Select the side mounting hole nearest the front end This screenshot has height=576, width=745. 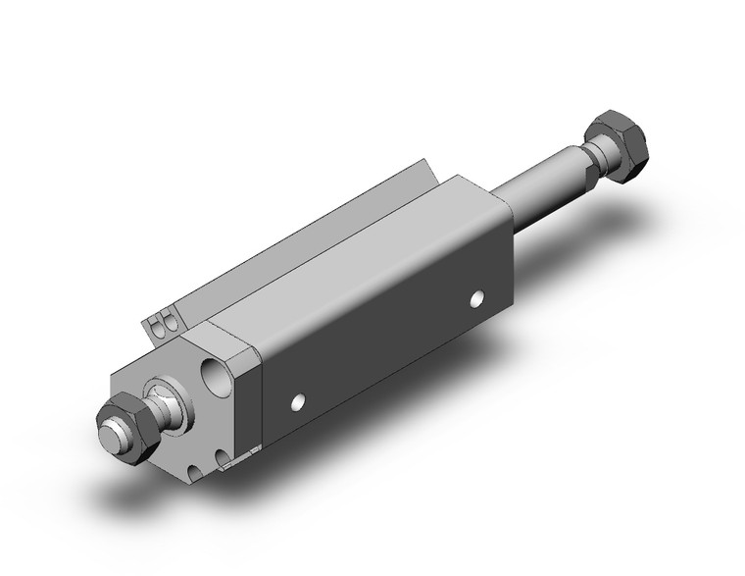[x=297, y=400]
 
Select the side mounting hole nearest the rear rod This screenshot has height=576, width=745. [x=477, y=296]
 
